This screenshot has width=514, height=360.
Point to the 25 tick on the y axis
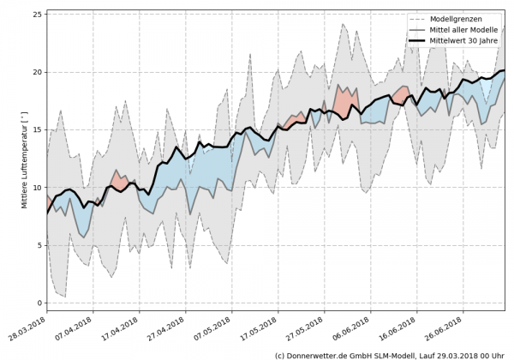37,15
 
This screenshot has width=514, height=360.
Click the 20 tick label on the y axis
37,73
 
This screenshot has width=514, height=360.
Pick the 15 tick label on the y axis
37,130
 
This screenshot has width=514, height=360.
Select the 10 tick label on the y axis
37,188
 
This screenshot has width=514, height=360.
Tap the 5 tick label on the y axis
39,245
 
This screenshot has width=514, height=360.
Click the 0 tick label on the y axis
39,303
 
